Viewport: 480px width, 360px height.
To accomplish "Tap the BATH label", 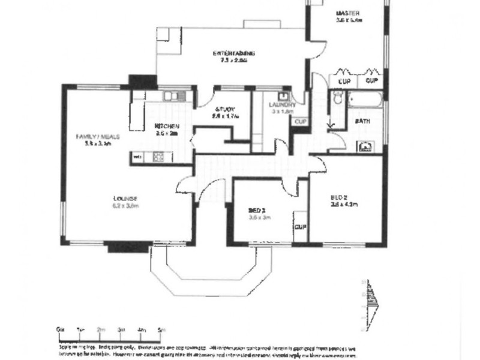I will [x=362, y=121].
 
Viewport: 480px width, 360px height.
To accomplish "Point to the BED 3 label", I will [x=259, y=211].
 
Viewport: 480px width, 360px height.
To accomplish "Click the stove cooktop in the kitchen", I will [x=158, y=157].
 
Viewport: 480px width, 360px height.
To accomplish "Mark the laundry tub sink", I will [x=284, y=96].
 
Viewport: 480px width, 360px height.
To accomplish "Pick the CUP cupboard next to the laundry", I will [x=298, y=121].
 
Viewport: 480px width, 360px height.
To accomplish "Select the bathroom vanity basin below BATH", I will [x=365, y=146].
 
